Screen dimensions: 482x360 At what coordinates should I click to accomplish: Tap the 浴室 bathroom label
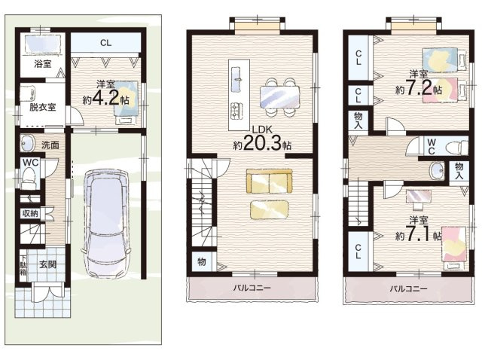(43, 64)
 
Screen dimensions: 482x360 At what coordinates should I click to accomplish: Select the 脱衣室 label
(43, 107)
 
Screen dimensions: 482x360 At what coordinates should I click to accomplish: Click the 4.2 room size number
(105, 99)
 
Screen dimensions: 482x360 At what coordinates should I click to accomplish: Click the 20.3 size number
(262, 143)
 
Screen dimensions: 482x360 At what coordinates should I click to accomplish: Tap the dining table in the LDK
(279, 97)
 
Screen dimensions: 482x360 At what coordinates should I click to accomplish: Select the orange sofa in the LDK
(270, 182)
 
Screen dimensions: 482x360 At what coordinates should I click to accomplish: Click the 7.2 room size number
(419, 88)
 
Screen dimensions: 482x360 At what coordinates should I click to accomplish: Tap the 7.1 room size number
(419, 236)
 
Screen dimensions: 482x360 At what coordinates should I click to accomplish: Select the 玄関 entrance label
(48, 264)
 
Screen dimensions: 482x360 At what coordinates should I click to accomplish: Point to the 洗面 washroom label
(50, 145)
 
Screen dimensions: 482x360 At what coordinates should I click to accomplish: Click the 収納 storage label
(30, 213)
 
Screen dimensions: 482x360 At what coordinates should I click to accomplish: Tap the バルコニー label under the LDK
(252, 288)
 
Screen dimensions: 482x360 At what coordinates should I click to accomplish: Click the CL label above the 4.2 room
(105, 43)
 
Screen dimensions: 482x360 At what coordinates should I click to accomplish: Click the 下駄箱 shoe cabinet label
(23, 264)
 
